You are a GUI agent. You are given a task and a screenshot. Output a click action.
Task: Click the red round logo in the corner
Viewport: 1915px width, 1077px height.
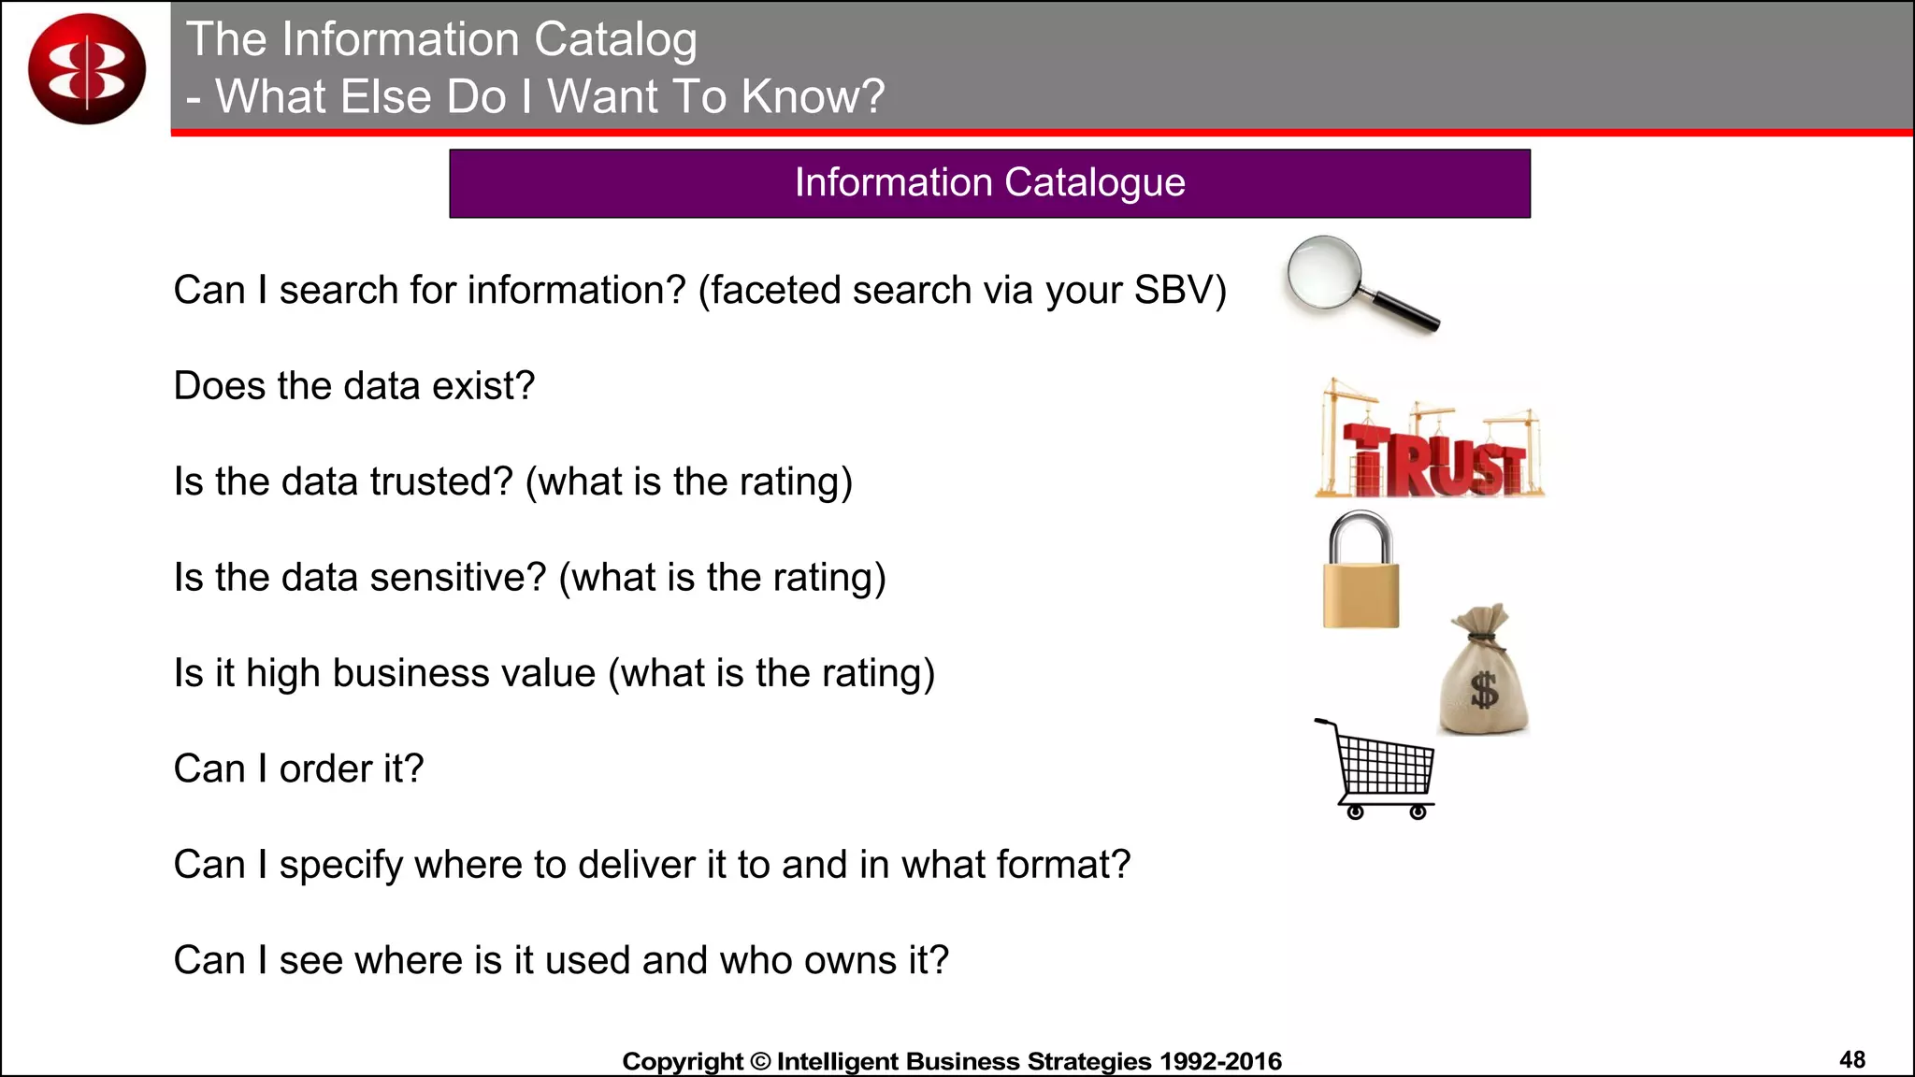[x=87, y=68]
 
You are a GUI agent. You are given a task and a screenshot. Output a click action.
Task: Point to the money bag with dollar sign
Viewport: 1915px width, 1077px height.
[x=1484, y=673]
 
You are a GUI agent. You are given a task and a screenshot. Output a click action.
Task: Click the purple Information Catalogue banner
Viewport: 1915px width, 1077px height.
[x=989, y=183]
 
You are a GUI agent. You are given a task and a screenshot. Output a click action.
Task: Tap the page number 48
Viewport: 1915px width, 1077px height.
[x=1851, y=1059]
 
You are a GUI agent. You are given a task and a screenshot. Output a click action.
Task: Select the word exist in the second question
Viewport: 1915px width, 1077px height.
[x=475, y=386]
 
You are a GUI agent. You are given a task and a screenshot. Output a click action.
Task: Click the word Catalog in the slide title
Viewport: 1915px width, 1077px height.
[x=615, y=39]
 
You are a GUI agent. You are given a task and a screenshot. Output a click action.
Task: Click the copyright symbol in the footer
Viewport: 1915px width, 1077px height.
[x=760, y=1061]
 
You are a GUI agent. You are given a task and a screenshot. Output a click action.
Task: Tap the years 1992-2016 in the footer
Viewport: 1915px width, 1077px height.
[x=1220, y=1061]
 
